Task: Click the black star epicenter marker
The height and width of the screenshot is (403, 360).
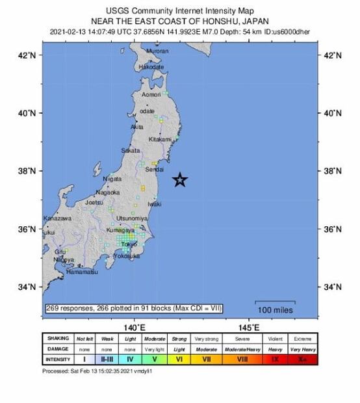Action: point(181,180)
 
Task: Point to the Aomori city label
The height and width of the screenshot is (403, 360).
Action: point(151,95)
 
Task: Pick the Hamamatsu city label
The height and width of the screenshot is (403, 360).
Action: point(81,272)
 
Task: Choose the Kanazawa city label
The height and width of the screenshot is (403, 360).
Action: point(57,218)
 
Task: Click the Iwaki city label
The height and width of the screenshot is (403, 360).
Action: point(155,204)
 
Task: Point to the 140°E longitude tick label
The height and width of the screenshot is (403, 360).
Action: point(135,326)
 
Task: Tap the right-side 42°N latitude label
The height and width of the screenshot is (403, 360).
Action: point(332,55)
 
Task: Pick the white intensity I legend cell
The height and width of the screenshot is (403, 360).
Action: point(84,358)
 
